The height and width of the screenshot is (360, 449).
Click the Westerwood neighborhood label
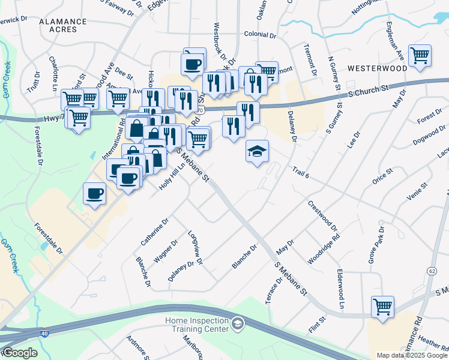pyautogui.click(x=376, y=68)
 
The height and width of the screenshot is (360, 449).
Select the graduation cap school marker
pyautogui.click(x=257, y=151)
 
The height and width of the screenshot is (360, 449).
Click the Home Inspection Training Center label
pyautogui.click(x=197, y=325)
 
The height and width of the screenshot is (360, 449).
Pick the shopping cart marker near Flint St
pyautogui.click(x=382, y=307)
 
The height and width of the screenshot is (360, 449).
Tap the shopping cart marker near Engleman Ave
pyautogui.click(x=420, y=56)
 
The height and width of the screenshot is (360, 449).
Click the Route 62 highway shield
pyautogui.click(x=432, y=271)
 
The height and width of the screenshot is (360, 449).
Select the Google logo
pyautogui.click(x=19, y=353)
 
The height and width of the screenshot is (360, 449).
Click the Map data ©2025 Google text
pyautogui.click(x=412, y=355)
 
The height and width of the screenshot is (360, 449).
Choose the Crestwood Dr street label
pyautogui.click(x=323, y=216)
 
